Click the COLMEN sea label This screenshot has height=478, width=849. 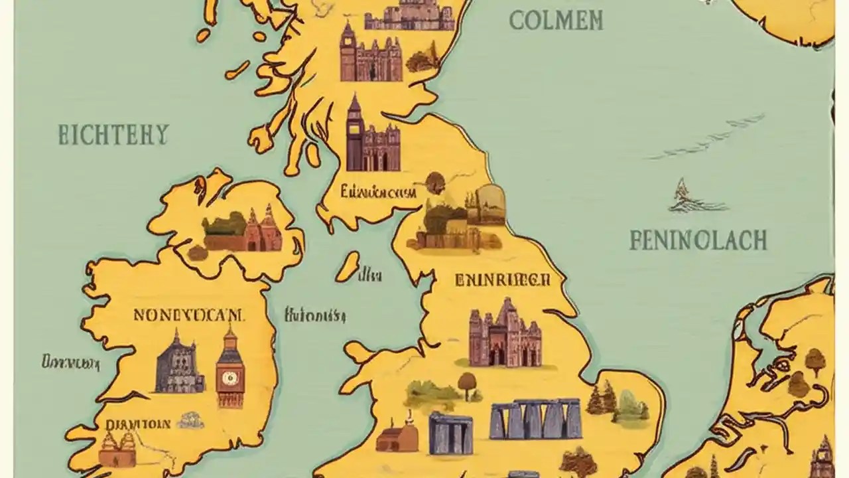pos(556,21)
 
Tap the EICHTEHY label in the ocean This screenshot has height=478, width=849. pos(113,135)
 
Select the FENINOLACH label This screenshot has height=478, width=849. pos(698,240)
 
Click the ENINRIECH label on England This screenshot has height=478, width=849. pos(503,280)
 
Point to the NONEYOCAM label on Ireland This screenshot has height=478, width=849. pos(189,315)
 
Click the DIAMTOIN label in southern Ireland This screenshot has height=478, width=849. pos(139,424)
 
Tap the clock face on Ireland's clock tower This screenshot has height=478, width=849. pos(230,378)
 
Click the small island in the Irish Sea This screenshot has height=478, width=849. pos(347,266)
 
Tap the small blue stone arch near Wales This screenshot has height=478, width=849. pos(450,434)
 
